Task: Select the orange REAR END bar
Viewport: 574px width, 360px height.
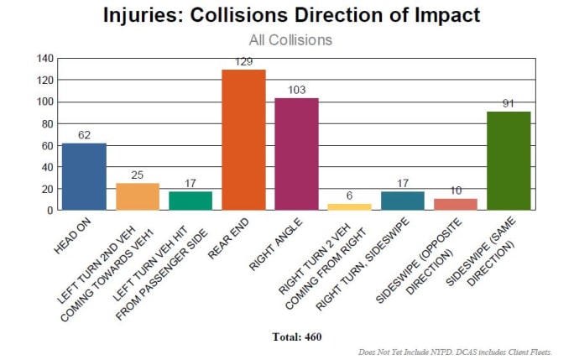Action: [243, 139]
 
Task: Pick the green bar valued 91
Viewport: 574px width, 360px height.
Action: [509, 160]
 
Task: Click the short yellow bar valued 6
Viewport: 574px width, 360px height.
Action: [350, 206]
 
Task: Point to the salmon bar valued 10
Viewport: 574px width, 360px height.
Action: [456, 204]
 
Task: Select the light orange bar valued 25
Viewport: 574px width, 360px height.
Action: [138, 196]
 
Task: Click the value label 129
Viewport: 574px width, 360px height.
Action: [243, 63]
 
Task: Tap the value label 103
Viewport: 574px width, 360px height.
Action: [296, 91]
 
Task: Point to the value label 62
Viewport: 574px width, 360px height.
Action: [84, 135]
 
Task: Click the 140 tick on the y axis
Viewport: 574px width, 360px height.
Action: [45, 59]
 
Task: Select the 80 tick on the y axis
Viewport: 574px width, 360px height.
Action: [48, 123]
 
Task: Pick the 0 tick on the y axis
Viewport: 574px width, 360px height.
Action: [51, 211]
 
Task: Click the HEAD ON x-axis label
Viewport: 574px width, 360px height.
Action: [72, 236]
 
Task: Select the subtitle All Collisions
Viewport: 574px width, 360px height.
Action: [290, 39]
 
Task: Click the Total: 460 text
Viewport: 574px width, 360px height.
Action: [297, 337]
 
